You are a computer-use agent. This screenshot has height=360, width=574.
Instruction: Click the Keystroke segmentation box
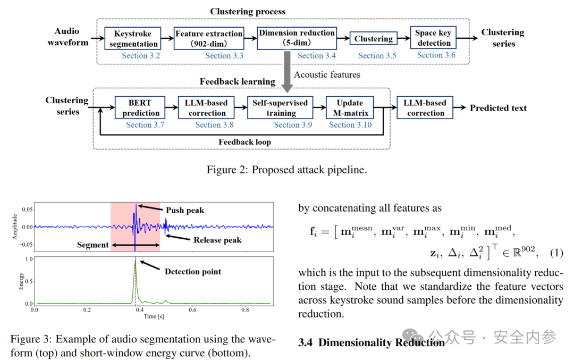132,38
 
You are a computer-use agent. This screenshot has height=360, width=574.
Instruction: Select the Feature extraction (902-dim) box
209,38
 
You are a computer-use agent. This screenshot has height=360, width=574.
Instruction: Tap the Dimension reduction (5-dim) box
297,38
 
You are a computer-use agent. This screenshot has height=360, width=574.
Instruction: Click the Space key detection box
433,38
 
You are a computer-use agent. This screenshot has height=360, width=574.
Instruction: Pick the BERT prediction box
140,107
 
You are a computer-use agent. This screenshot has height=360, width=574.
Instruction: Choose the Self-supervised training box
280,107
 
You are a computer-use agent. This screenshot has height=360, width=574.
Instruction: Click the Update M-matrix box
350,107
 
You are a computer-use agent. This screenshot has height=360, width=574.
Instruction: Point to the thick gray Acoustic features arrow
288,72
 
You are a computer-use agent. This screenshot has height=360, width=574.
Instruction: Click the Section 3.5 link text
377,56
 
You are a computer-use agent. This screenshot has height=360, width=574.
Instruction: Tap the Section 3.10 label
350,125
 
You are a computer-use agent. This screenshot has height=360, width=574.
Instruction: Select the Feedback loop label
244,142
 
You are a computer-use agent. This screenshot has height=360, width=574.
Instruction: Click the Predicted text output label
498,108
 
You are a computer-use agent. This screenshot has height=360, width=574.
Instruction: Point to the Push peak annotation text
185,210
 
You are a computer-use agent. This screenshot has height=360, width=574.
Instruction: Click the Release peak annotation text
217,240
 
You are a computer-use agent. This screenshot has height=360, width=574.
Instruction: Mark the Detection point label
193,271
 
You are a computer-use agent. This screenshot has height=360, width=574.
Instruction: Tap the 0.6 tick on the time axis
192,310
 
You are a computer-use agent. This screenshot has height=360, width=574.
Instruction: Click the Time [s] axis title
154,316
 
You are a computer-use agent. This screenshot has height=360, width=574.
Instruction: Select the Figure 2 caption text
286,170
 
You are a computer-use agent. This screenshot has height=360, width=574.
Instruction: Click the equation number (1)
556,253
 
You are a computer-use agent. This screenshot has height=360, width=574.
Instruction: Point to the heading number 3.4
305,342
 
